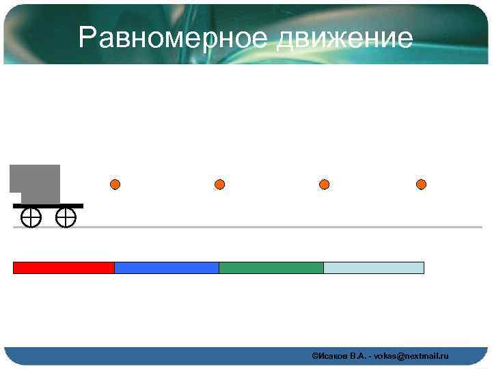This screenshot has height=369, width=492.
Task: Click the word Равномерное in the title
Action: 174,38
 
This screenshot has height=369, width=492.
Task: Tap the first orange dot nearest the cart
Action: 115,184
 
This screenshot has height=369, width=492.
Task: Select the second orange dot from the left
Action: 219,184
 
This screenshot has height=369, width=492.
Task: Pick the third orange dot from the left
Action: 325,184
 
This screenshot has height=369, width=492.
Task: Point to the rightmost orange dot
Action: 422,184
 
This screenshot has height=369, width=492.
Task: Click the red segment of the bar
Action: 64,268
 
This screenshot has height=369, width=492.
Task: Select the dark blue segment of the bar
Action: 166,268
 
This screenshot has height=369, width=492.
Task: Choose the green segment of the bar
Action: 271,268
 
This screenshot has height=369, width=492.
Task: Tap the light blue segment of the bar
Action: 374,268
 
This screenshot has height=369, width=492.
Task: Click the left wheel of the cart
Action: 31,218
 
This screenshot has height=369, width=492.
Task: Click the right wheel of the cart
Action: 66,218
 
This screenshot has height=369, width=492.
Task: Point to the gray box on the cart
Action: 37,182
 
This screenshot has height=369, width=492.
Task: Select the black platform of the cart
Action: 48,206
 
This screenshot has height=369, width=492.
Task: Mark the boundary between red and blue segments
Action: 114,268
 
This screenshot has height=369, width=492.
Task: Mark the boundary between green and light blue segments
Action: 323,268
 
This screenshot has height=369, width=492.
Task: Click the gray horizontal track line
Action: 273,227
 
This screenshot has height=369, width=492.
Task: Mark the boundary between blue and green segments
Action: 219,268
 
